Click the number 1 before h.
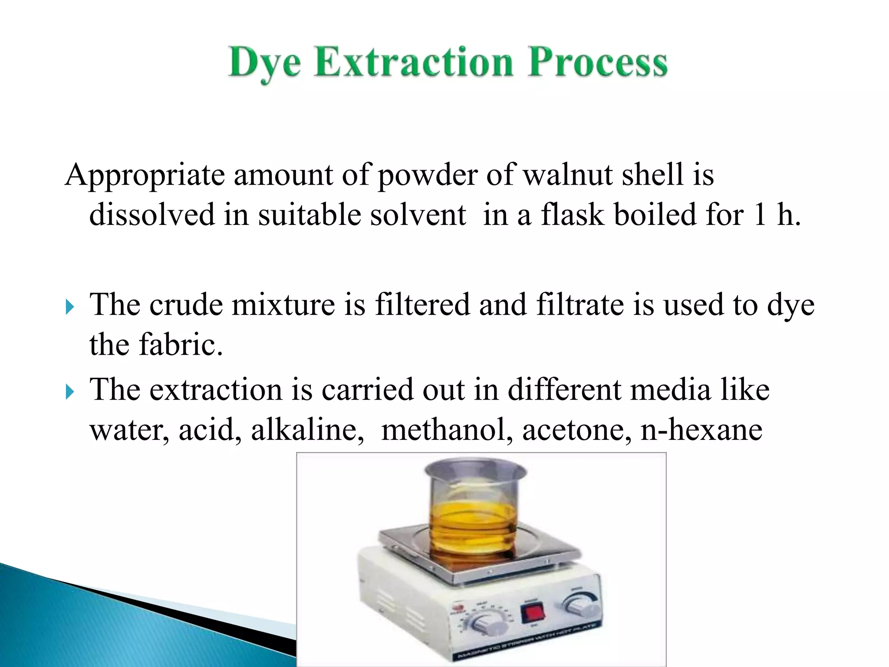point(760,215)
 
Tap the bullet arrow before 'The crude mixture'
point(70,308)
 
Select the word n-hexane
point(701,429)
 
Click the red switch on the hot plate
point(532,613)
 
